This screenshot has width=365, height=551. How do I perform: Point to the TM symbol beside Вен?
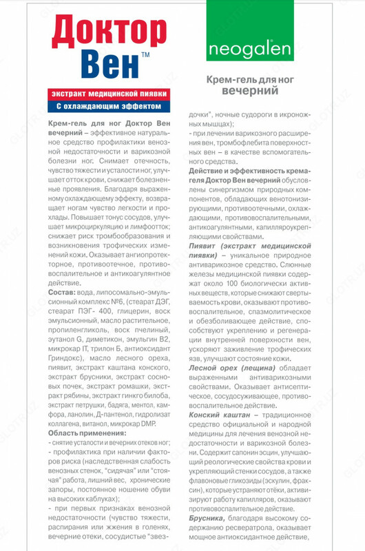coord(145,54)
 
